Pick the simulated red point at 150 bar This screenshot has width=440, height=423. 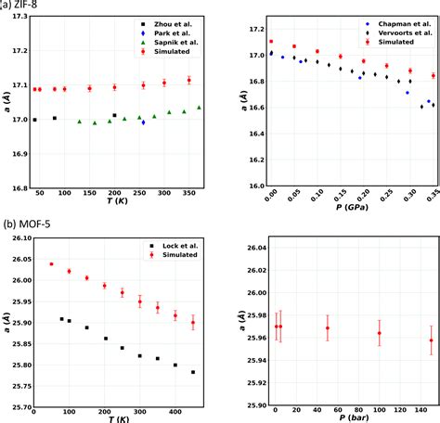(x=431, y=340)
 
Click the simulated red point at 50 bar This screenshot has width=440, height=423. (x=328, y=328)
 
